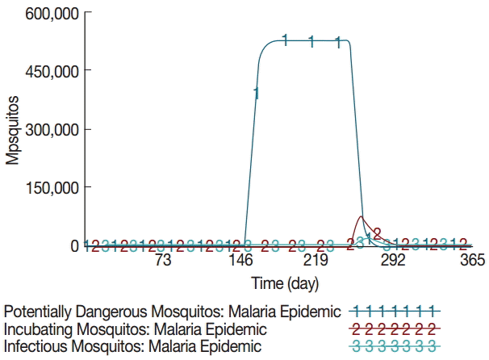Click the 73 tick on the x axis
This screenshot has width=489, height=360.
tap(162, 261)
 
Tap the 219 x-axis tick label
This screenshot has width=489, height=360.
tap(316, 261)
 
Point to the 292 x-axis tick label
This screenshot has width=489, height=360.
tap(393, 261)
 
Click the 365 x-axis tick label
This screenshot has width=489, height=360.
tap(471, 261)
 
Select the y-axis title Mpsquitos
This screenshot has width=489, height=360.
tap(12, 129)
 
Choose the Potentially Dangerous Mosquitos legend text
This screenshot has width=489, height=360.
tap(173, 311)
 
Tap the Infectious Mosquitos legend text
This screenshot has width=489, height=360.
tap(133, 346)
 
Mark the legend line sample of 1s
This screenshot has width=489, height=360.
tap(395, 311)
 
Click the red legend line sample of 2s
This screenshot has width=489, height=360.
tap(395, 329)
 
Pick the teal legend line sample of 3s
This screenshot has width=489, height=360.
tap(395, 346)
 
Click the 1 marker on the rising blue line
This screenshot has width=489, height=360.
tap(257, 94)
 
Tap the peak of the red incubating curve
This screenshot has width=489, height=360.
tap(362, 216)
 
